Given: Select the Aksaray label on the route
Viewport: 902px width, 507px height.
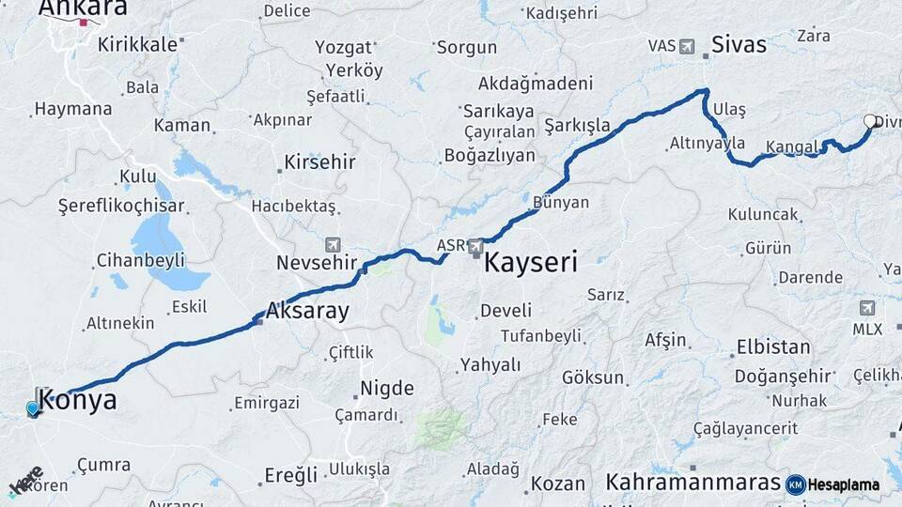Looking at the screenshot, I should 307,311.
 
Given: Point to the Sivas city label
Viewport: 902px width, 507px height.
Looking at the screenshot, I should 739,44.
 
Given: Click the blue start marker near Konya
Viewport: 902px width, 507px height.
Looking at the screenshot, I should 33,408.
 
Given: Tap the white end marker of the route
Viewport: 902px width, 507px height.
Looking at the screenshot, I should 869,121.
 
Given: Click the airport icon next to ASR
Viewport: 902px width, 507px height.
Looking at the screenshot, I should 476,247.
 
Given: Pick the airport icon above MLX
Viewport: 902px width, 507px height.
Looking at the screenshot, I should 866,308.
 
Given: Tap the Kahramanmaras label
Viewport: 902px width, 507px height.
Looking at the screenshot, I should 692,482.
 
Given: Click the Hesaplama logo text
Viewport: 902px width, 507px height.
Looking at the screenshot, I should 844,484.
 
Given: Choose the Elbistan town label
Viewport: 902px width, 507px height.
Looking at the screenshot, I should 773,346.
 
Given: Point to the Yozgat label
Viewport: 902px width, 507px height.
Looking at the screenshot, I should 343,48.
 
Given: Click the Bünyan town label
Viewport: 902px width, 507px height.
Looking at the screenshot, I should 560,202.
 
